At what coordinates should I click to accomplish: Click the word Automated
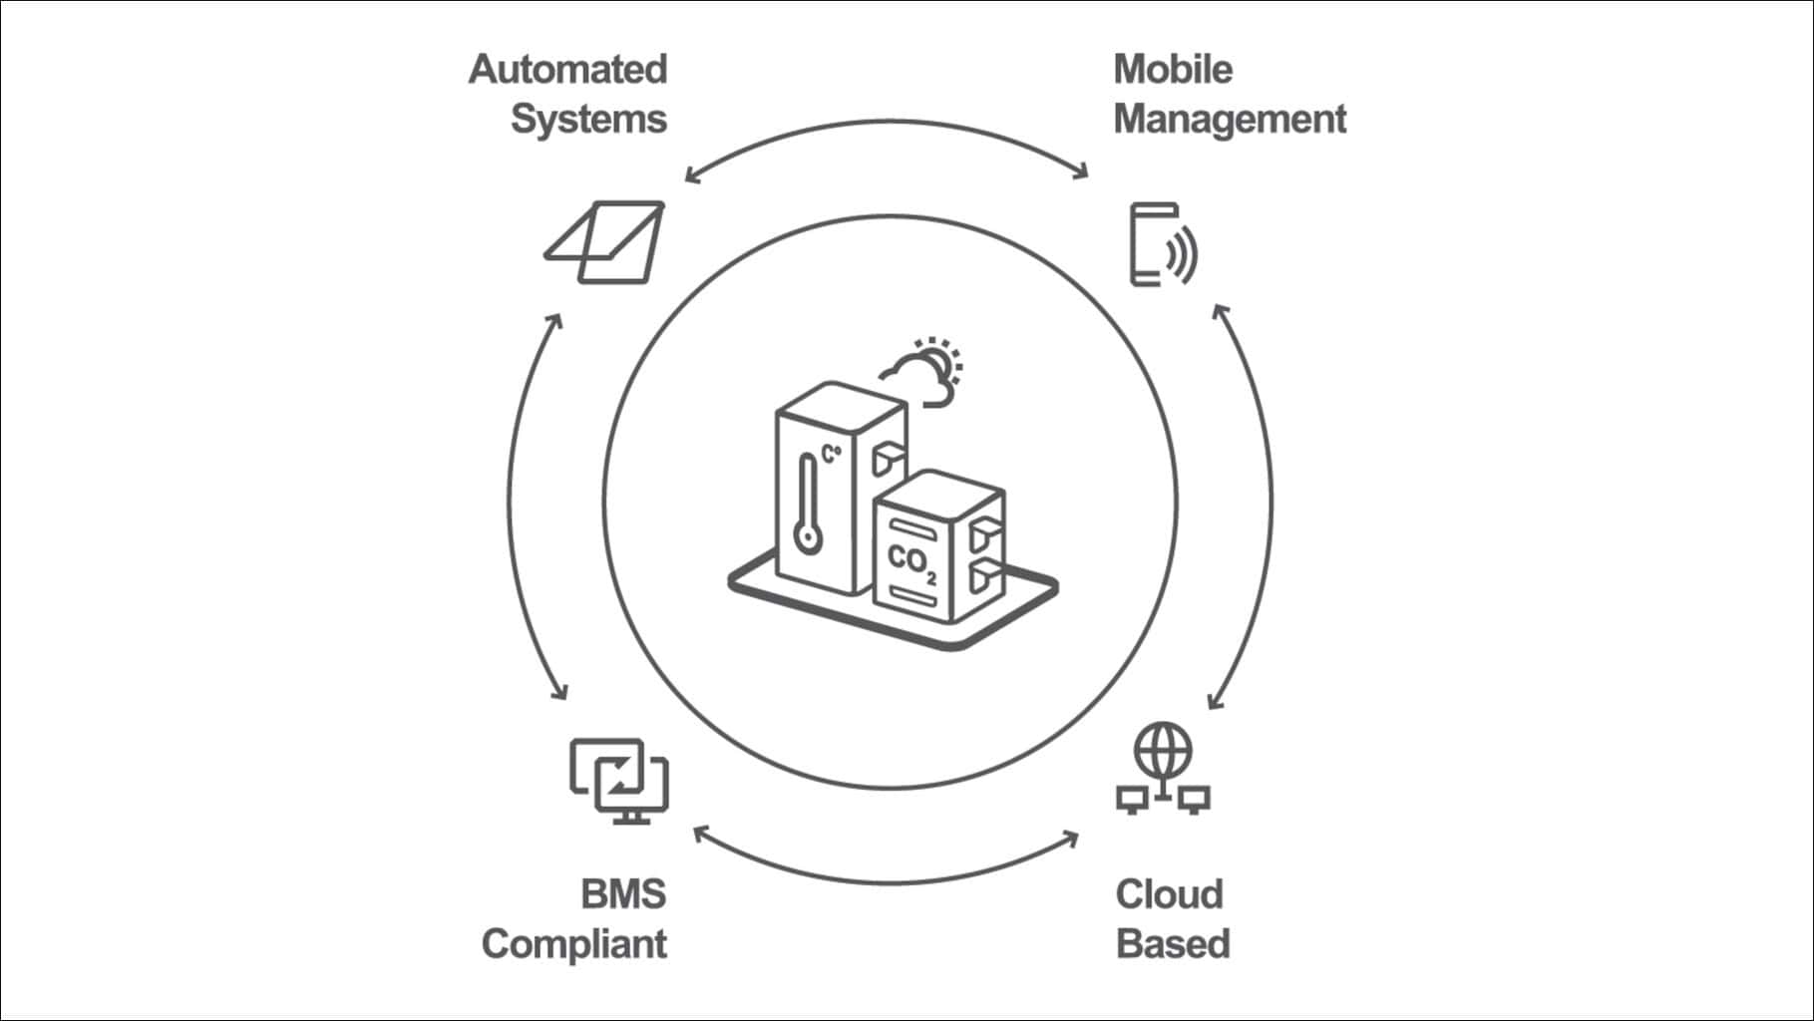pyautogui.click(x=567, y=70)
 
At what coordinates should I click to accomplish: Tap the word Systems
pyautogui.click(x=588, y=119)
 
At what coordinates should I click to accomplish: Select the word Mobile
pyautogui.click(x=1173, y=70)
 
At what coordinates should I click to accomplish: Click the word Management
pyautogui.click(x=1230, y=119)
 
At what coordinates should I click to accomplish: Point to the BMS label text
pyautogui.click(x=623, y=894)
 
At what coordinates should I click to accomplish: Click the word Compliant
pyautogui.click(x=574, y=943)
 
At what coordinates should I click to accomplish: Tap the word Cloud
pyautogui.click(x=1169, y=894)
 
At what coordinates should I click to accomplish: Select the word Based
pyautogui.click(x=1173, y=943)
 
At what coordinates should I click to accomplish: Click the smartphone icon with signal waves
pyautogui.click(x=1163, y=245)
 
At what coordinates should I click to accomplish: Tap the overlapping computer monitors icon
pyautogui.click(x=619, y=780)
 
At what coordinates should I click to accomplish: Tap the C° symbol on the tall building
pyautogui.click(x=831, y=455)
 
